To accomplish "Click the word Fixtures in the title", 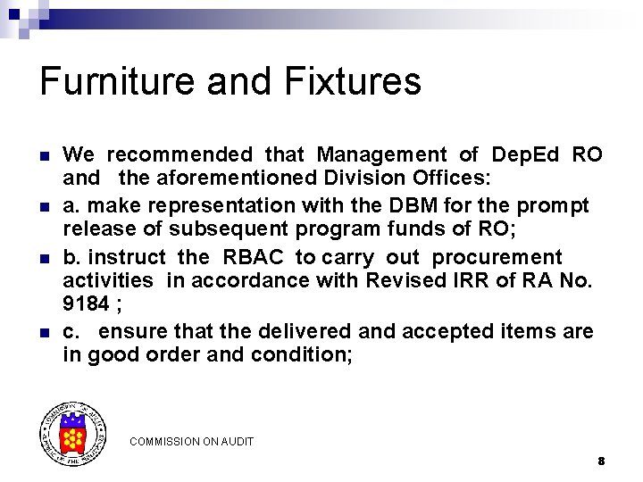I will (x=353, y=81).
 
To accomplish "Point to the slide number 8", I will (x=601, y=461).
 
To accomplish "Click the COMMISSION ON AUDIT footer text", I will (x=191, y=442).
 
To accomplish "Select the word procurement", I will (x=497, y=258).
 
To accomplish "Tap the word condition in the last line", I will (x=299, y=355).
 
